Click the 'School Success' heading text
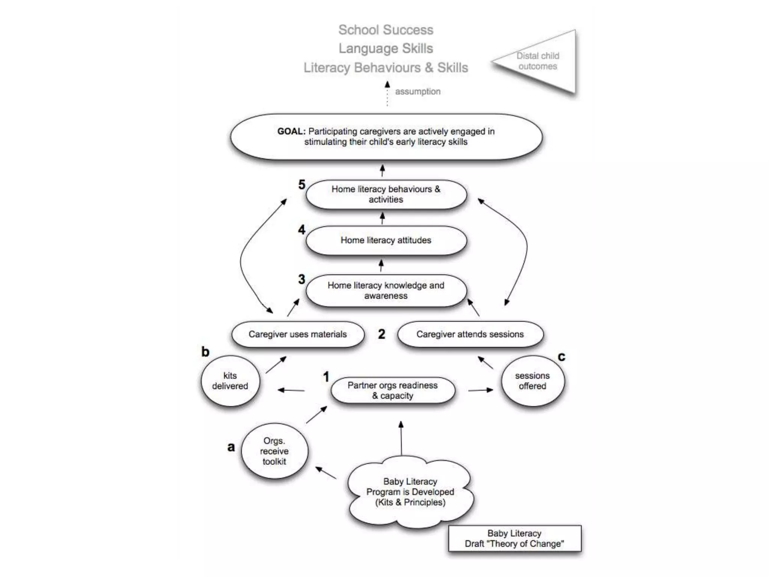pos(386,30)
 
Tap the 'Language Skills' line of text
pos(386,48)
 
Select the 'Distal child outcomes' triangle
pos(541,61)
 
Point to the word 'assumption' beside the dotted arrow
pos(418,92)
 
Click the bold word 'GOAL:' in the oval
pos(291,131)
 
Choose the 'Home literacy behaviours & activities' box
pos(386,194)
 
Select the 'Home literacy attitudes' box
pos(386,240)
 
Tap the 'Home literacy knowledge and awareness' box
pos(386,291)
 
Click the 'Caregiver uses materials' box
pos(298,334)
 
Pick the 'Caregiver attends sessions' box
pos(470,334)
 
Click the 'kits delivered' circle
pos(230,381)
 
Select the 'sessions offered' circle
pos(532,381)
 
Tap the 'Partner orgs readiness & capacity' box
pos(393,391)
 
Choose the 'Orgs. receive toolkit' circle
pos(274,451)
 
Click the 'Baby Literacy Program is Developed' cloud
pos(410,492)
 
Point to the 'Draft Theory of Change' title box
pos(514,539)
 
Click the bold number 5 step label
pos(302,184)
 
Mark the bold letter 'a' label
pos(231,447)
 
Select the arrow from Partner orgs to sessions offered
pos(480,390)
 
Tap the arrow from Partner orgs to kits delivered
pos(291,390)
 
